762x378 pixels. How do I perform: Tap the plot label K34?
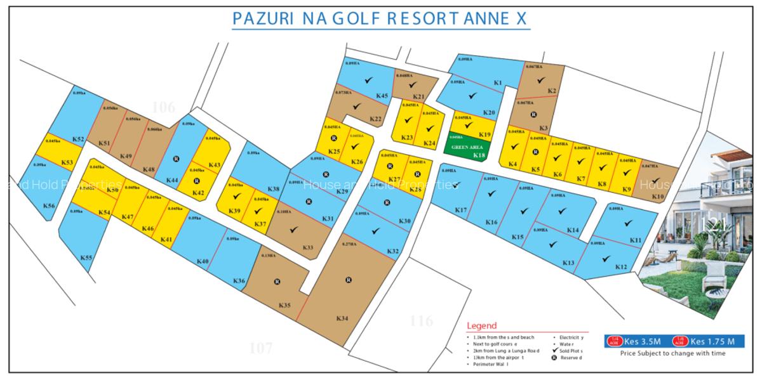click(x=342, y=318)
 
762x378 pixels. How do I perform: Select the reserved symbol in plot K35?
click(x=277, y=282)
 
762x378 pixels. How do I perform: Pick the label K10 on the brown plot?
click(x=657, y=197)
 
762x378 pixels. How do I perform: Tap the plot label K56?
click(x=49, y=205)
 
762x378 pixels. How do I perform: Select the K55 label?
click(x=86, y=257)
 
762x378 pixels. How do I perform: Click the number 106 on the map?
click(x=163, y=107)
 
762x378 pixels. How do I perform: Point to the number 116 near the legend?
click(x=421, y=320)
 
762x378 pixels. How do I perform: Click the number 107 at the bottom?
click(x=260, y=348)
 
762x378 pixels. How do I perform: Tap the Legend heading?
click(x=481, y=325)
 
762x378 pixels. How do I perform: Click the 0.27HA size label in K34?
click(x=348, y=244)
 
